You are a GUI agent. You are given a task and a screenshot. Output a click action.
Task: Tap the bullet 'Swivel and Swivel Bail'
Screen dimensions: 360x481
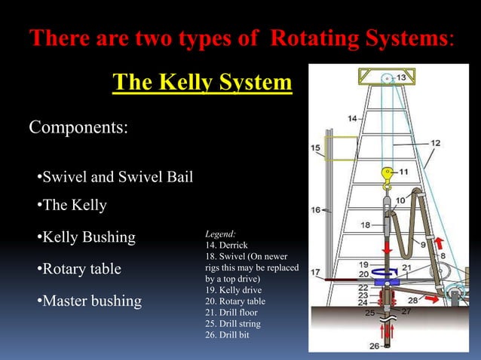point(115,178)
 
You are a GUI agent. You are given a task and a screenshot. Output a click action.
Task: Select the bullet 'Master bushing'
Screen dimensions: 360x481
point(89,301)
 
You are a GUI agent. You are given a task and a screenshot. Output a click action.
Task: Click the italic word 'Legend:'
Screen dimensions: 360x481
point(220,234)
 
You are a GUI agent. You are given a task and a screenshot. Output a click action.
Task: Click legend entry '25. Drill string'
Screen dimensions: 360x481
point(233,323)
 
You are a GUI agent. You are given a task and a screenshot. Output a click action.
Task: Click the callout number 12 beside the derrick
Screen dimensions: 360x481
point(436,142)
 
